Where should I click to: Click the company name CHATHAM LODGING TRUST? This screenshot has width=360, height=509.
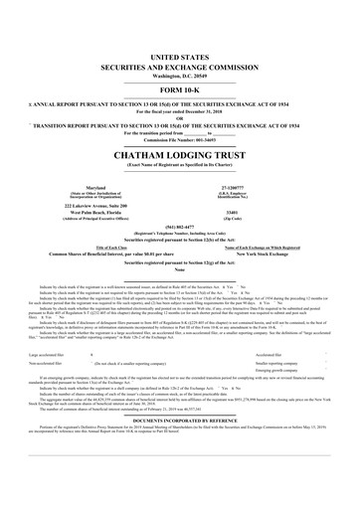click(x=180, y=128)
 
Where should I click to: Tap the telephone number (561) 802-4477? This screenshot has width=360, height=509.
click(x=180, y=197)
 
